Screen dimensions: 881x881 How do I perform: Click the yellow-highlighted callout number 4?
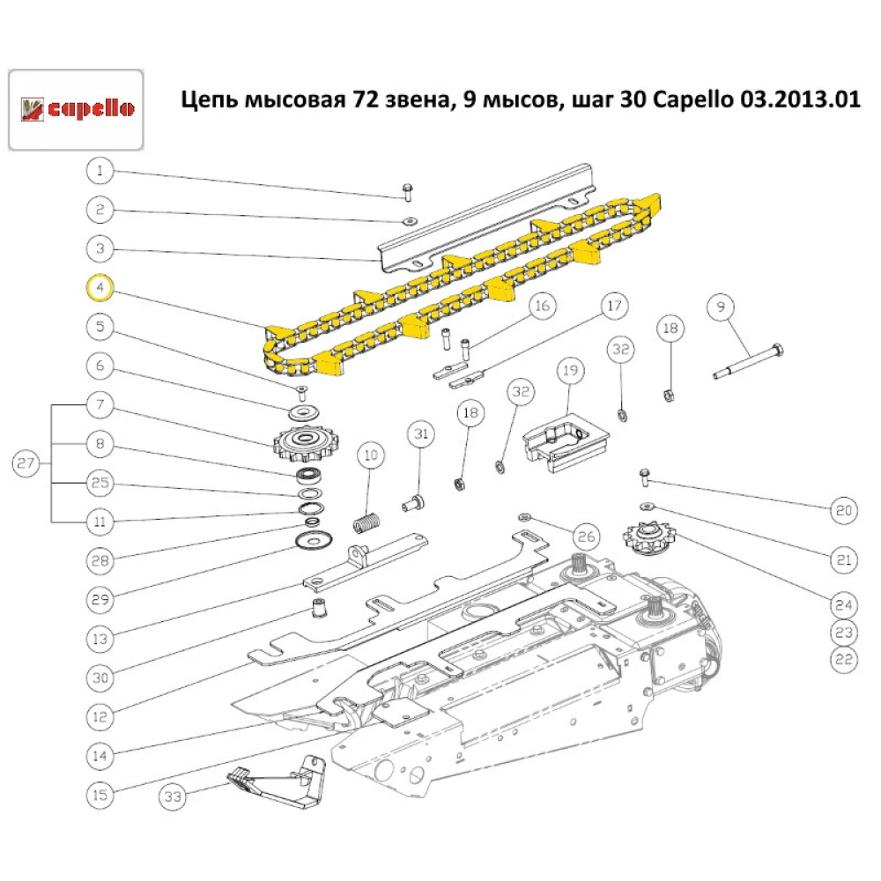pyautogui.click(x=100, y=287)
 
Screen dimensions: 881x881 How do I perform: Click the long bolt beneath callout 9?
pyautogui.click(x=749, y=362)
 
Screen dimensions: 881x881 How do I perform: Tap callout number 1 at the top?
pyautogui.click(x=100, y=170)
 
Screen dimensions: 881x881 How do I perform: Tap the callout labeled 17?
pyautogui.click(x=614, y=307)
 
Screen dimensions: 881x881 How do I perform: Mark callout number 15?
pyautogui.click(x=100, y=794)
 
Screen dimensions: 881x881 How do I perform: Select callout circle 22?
pyautogui.click(x=843, y=657)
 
